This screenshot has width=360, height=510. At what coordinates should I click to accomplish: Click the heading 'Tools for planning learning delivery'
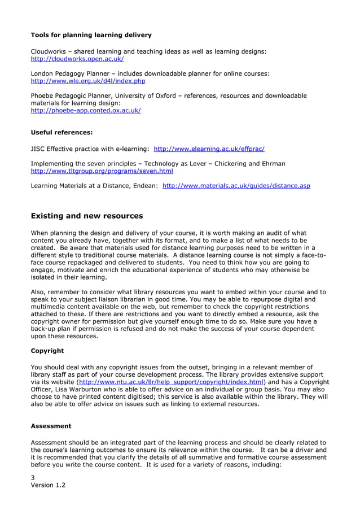91,35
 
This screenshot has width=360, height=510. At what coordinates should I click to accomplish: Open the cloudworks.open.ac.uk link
77,59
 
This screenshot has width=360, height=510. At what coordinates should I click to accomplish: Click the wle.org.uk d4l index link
87,81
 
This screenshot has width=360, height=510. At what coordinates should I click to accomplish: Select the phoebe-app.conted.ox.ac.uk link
85,111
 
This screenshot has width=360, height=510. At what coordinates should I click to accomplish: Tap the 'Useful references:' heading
62,133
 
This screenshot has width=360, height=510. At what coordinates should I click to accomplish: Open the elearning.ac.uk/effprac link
209,149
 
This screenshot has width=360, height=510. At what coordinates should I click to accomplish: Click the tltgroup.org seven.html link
102,171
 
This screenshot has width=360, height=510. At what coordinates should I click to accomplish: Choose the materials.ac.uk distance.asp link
236,185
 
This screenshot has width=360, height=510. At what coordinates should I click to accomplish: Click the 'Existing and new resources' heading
86,216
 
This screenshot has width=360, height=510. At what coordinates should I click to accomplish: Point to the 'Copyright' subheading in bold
47,351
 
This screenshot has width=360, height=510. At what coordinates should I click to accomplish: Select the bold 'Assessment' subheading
51,426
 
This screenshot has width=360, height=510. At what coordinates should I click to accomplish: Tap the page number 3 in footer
33,477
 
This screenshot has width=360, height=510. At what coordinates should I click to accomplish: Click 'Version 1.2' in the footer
48,485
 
